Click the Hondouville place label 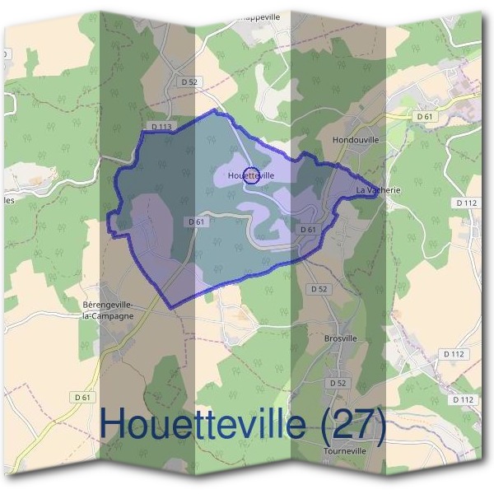click(356, 140)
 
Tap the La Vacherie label click(378, 190)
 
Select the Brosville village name click(341, 338)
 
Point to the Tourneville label click(345, 450)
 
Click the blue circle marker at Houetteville click(253, 175)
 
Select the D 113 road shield click(161, 127)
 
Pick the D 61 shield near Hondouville click(425, 117)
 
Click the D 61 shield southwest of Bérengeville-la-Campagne click(82, 397)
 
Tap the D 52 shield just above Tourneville click(338, 384)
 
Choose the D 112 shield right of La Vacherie click(466, 203)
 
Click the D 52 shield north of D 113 click(190, 82)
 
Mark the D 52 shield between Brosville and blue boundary click(319, 289)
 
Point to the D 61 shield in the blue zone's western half click(196, 221)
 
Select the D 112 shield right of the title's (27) click(463, 399)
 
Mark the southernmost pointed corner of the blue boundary click(170, 308)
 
